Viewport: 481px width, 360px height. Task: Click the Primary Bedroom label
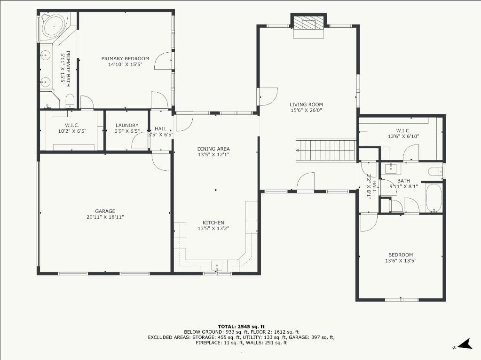125,59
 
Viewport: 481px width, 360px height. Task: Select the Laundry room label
127,125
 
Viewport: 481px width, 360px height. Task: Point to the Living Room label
306,104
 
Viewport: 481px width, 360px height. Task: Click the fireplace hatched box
308,23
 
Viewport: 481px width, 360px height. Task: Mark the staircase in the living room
326,151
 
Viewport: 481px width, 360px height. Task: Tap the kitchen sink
217,265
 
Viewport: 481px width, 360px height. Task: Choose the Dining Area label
213,149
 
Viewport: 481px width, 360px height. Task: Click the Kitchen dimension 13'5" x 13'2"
213,229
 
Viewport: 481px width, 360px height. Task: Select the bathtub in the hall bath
434,198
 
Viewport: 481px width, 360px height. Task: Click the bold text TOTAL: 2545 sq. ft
241,327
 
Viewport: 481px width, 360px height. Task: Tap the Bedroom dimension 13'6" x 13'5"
401,261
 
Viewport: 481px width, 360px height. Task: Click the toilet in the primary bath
70,101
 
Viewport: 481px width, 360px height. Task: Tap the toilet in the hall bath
435,171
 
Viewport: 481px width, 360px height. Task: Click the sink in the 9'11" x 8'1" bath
391,168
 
